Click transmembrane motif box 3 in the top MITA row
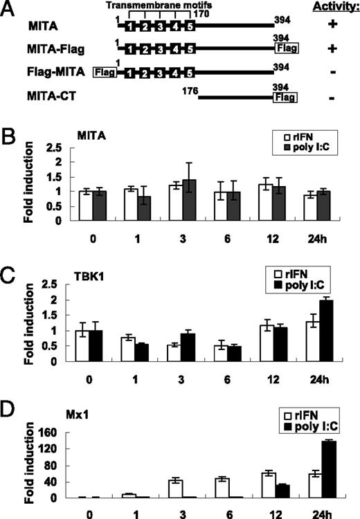coord(161,26)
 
